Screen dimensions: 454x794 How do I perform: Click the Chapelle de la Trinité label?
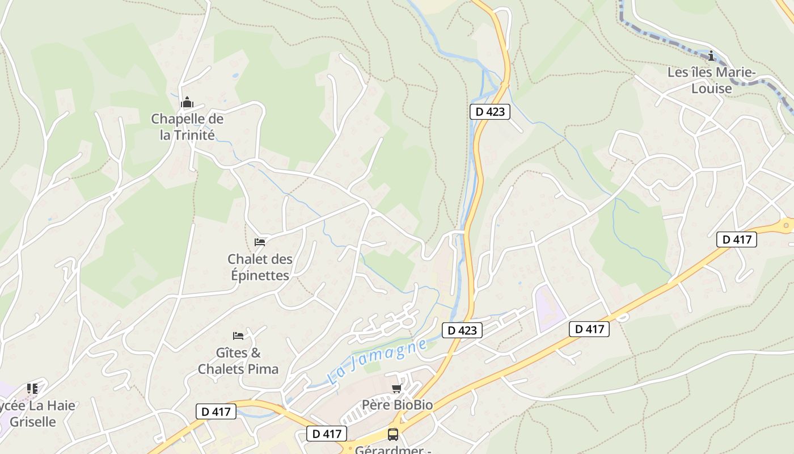point(187,127)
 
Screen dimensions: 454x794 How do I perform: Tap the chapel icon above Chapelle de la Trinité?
point(187,103)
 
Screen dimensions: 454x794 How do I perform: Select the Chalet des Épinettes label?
point(260,267)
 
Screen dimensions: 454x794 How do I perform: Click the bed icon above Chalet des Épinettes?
point(260,242)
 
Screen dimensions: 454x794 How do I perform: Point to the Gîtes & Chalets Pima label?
point(238,361)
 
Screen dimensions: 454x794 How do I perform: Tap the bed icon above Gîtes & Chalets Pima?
point(238,336)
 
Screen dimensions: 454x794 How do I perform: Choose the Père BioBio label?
point(397,405)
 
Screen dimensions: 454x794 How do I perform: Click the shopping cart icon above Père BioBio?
point(397,388)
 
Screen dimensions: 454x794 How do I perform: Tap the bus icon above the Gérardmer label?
point(392,435)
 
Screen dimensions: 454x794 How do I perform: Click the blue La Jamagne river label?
point(377,361)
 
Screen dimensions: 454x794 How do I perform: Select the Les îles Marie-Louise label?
point(711,80)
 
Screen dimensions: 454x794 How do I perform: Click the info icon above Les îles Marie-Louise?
point(711,56)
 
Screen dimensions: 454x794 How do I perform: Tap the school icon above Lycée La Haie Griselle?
point(32,389)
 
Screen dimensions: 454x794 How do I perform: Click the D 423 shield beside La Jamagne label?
point(462,330)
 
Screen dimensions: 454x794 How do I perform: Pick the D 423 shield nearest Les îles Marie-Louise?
point(490,112)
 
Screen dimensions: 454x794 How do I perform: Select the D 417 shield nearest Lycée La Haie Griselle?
point(216,411)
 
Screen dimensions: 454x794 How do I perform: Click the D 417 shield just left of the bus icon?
point(327,434)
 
